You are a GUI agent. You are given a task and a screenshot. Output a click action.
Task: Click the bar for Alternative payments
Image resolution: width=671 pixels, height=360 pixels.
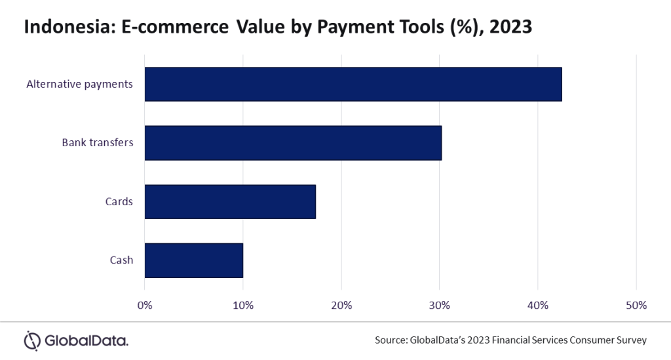(x=353, y=84)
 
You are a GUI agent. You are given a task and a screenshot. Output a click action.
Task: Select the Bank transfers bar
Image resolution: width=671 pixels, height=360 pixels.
(x=293, y=142)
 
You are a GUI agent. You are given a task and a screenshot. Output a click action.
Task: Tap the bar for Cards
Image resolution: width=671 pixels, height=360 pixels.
(x=230, y=201)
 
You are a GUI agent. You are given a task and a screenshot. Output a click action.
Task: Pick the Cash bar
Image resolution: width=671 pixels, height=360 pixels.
(x=194, y=260)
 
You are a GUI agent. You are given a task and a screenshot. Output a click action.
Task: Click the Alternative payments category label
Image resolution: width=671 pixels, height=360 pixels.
(x=79, y=84)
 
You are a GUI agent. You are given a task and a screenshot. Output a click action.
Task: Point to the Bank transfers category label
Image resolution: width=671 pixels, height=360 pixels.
(x=98, y=142)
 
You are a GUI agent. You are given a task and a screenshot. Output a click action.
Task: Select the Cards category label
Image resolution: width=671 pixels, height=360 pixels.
(x=119, y=201)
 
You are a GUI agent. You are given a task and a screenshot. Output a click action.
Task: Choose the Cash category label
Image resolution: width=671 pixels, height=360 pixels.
(x=121, y=260)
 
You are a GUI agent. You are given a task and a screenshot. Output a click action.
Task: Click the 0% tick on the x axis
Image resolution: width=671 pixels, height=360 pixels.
(x=145, y=305)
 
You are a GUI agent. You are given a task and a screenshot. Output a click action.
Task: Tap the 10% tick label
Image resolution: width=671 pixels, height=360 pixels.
(x=243, y=305)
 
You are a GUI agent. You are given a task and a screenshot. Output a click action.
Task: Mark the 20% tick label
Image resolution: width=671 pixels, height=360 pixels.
(x=341, y=305)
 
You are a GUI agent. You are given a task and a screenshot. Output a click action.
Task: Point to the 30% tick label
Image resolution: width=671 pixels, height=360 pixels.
(x=440, y=305)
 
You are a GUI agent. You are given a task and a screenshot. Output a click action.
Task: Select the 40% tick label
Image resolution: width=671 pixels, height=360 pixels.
(x=538, y=305)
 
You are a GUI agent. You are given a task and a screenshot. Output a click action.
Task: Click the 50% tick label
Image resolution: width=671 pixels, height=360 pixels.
(x=636, y=305)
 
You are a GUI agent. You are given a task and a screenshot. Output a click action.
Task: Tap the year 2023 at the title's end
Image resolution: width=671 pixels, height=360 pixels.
(x=511, y=28)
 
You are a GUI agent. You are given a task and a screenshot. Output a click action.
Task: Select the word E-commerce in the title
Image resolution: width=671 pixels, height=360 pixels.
(x=171, y=28)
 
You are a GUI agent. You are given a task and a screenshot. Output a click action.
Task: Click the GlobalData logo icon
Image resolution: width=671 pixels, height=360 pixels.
(x=32, y=340)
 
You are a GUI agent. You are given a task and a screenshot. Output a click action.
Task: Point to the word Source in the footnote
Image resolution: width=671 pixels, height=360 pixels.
(x=390, y=340)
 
